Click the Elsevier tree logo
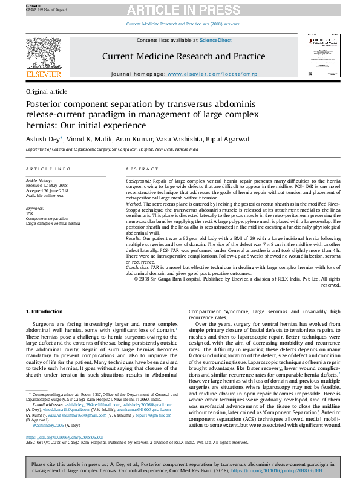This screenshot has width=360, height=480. [x=44, y=54]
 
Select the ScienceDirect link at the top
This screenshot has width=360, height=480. [x=216, y=40]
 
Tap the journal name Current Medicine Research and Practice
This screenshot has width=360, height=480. [x=183, y=56]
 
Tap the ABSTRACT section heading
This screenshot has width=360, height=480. [x=142, y=170]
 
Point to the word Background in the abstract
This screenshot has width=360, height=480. [x=138, y=181]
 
